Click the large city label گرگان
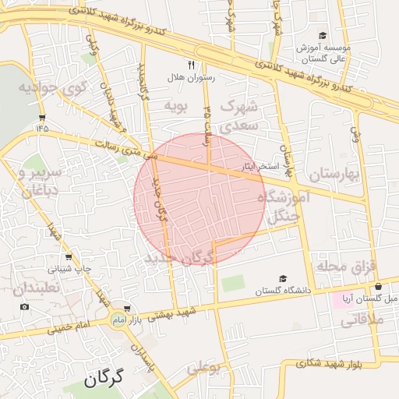[x=104, y=380]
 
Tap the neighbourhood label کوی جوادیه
[x=49, y=87]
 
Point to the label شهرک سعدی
[x=233, y=115]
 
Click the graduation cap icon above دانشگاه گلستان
[x=284, y=278]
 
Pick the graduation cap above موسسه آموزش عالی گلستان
[x=323, y=36]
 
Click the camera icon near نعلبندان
[x=24, y=306]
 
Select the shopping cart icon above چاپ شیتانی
[x=68, y=257]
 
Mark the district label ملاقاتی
[x=359, y=319]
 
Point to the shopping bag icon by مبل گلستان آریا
[x=378, y=286]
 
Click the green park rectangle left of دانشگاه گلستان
[x=232, y=283]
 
